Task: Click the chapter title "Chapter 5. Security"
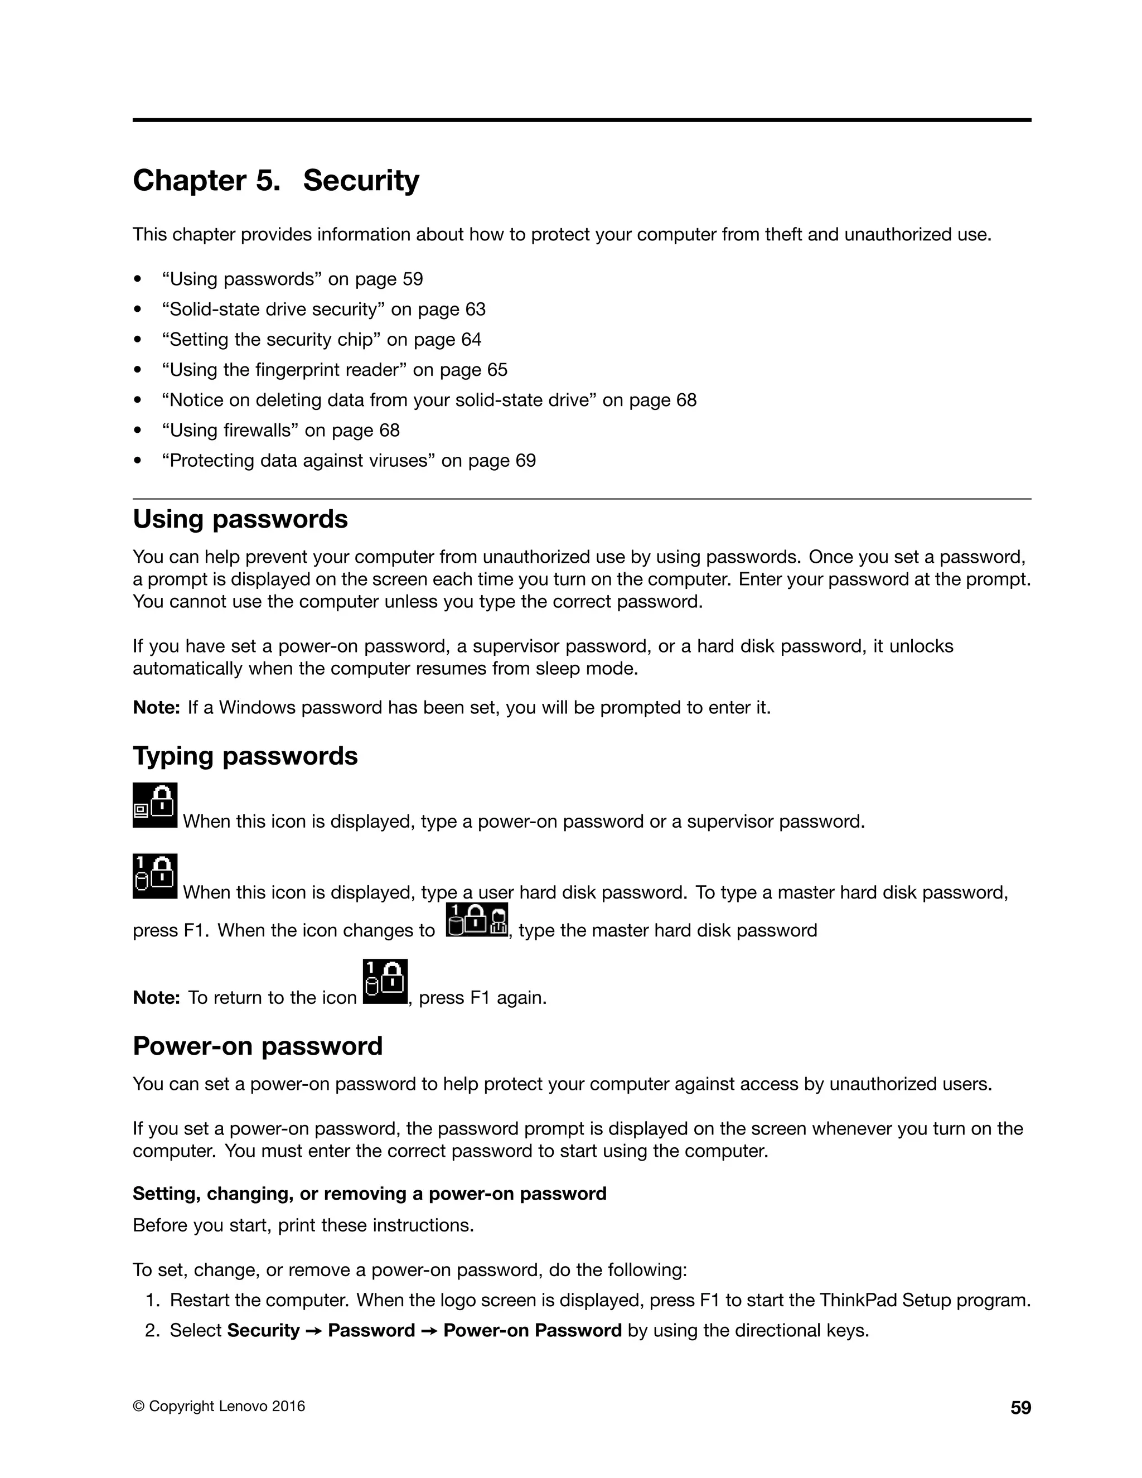point(275,181)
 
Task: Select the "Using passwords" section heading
point(240,519)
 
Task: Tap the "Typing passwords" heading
point(245,756)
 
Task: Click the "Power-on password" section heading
point(257,1046)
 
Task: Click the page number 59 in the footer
point(1020,1408)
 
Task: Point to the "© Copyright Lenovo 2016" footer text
point(219,1406)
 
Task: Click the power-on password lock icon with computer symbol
point(155,805)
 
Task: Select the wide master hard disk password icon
point(477,920)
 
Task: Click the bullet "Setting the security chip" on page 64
point(321,340)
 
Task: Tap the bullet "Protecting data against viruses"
point(349,461)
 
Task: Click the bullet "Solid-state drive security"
point(323,310)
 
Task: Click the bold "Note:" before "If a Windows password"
point(156,708)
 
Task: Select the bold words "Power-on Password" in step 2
point(532,1330)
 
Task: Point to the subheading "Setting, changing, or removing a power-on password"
point(369,1193)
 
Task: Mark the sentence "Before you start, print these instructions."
point(303,1225)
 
